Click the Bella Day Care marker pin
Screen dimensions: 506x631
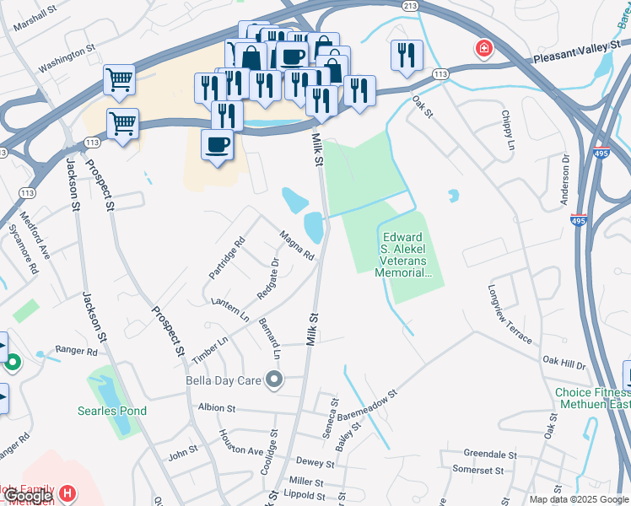(x=273, y=380)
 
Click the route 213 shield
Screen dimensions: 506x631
(x=411, y=6)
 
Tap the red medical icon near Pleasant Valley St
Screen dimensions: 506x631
(x=484, y=49)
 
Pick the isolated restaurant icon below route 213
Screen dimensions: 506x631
(x=407, y=56)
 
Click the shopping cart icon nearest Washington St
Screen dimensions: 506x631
(x=119, y=80)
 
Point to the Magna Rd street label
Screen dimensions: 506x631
(x=297, y=245)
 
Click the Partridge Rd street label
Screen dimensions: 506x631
(x=226, y=258)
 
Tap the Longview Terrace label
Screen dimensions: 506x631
(x=510, y=313)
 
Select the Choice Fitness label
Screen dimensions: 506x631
(x=591, y=393)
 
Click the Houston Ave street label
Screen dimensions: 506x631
(x=241, y=444)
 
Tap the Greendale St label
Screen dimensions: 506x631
(x=483, y=453)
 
